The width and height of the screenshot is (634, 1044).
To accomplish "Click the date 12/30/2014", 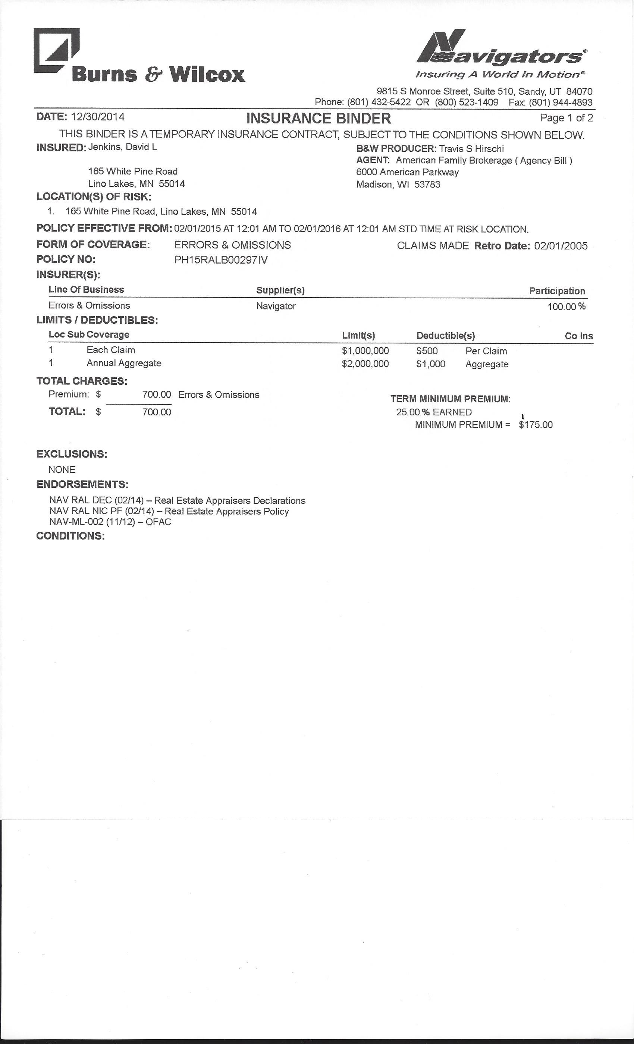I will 98,116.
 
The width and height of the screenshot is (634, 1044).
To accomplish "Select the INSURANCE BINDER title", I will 318,118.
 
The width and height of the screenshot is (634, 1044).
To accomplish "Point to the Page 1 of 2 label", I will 566,118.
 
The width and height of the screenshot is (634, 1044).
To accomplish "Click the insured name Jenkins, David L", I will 122,147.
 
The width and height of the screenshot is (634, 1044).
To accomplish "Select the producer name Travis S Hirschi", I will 471,149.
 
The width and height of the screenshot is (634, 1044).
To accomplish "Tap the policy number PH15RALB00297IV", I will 221,260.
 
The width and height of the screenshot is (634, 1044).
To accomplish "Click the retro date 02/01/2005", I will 561,246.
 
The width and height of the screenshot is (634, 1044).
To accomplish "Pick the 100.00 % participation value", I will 566,306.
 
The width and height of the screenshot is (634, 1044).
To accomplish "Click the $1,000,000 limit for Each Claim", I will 365,351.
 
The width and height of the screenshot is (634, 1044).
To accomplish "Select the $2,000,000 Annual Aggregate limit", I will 365,364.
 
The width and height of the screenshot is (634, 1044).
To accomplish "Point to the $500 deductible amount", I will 427,351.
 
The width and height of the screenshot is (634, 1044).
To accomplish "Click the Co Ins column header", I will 578,336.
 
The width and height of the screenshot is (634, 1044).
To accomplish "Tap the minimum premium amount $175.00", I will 536,425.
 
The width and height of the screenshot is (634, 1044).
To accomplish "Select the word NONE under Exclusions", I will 62,469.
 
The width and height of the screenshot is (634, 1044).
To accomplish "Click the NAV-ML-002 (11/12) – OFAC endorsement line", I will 110,522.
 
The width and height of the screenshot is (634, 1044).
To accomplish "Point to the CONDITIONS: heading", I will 70,535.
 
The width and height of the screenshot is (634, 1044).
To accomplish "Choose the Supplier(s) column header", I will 280,290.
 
